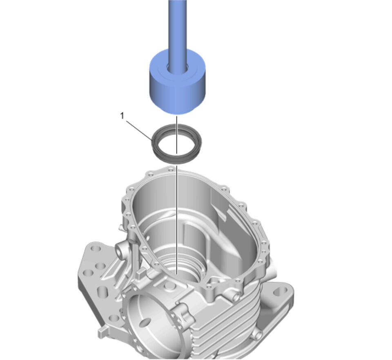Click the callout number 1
click(122, 116)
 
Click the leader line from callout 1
click(139, 130)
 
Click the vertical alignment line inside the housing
click(177, 220)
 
